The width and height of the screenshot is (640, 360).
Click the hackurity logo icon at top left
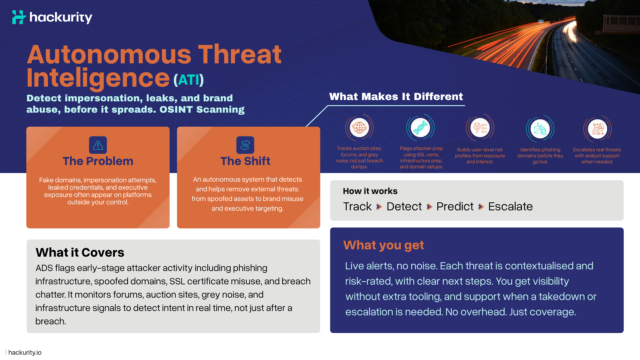[19, 17]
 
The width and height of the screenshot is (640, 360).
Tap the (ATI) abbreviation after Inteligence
[188, 80]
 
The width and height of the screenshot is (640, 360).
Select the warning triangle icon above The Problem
[98, 145]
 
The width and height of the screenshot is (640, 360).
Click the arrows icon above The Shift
[245, 145]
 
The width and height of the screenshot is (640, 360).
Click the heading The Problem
[98, 161]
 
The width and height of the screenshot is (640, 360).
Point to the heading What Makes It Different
[396, 97]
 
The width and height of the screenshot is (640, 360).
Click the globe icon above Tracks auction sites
[359, 128]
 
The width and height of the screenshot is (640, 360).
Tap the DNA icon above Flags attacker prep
[420, 128]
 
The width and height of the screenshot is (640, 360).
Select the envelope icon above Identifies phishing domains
[540, 129]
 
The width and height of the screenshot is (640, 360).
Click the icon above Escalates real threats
[597, 129]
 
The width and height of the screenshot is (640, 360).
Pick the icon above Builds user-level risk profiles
[480, 128]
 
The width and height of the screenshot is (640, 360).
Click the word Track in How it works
[357, 207]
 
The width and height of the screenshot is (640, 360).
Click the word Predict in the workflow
[455, 207]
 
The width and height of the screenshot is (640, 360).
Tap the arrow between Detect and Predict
[429, 207]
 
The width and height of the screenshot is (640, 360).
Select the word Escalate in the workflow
[510, 207]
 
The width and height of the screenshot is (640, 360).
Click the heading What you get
[383, 245]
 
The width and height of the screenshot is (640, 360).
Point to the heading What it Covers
[80, 253]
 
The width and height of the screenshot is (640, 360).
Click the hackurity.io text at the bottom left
[25, 352]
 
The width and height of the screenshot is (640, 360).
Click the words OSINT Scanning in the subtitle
[202, 110]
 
